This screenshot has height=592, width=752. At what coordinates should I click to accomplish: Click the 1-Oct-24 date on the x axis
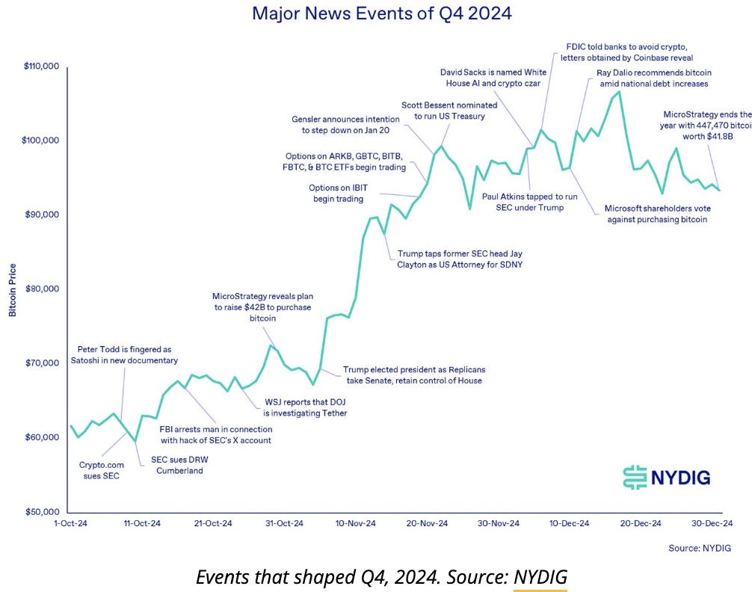71,523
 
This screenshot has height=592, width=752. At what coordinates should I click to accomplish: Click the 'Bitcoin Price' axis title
13,289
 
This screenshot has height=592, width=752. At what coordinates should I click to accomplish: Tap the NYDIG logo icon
633,477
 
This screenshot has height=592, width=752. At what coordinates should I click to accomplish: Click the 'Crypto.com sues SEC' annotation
100,469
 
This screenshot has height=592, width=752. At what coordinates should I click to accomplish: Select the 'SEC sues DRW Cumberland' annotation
179,465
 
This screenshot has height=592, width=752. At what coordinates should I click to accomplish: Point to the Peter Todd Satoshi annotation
127,354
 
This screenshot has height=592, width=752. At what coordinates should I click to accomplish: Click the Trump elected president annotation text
412,375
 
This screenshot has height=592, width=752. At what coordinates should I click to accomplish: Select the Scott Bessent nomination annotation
443,111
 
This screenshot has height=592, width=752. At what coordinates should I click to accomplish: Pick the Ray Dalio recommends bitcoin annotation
653,78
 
